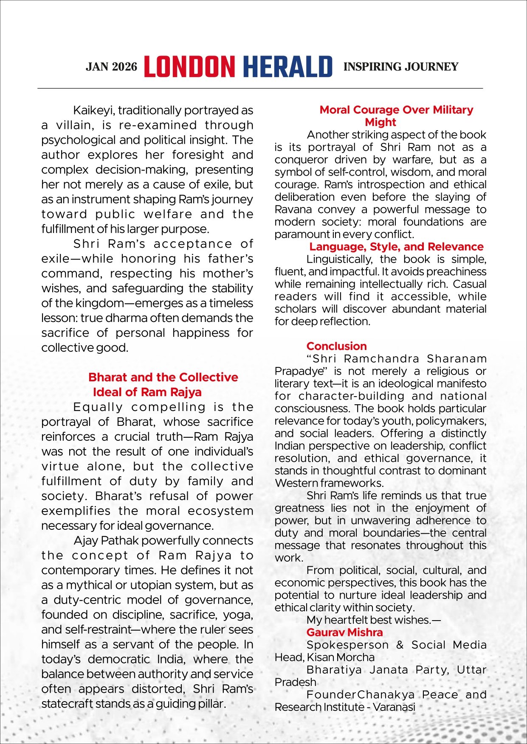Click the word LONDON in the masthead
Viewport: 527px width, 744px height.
pos(189,67)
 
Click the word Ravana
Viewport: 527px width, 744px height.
pos(293,210)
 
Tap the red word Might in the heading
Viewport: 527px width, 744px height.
pos(380,122)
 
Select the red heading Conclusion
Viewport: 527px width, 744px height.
pos(336,346)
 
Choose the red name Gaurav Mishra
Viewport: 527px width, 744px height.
pos(344,632)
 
